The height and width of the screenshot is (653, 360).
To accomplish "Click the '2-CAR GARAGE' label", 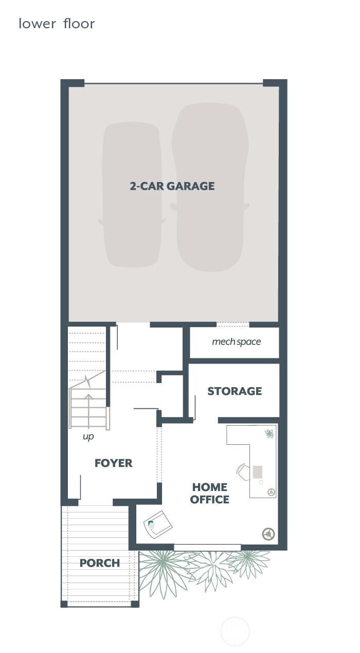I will pyautogui.click(x=172, y=186).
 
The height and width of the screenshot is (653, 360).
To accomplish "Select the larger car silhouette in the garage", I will pyautogui.click(x=210, y=188).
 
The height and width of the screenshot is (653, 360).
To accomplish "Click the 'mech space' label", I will pyautogui.click(x=236, y=342).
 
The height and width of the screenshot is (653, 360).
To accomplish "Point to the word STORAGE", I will pyautogui.click(x=235, y=391).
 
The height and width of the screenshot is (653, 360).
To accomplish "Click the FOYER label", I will pyautogui.click(x=114, y=463).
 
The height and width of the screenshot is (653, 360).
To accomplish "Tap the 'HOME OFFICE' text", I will pyautogui.click(x=210, y=493).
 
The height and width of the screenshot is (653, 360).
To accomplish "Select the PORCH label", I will pyautogui.click(x=100, y=563).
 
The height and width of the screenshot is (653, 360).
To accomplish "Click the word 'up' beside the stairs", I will pyautogui.click(x=88, y=437).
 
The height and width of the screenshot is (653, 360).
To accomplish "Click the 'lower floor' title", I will pyautogui.click(x=57, y=24).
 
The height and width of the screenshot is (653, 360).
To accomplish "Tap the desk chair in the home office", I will pyautogui.click(x=243, y=471).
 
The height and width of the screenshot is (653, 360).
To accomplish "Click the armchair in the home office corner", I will pyautogui.click(x=158, y=524).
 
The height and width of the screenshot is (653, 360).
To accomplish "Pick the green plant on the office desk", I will pyautogui.click(x=269, y=433).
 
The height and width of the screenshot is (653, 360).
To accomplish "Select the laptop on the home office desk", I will pyautogui.click(x=258, y=472).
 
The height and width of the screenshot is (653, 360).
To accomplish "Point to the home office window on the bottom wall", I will pyautogui.click(x=207, y=547).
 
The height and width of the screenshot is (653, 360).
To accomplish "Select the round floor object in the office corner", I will pyautogui.click(x=268, y=534).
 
